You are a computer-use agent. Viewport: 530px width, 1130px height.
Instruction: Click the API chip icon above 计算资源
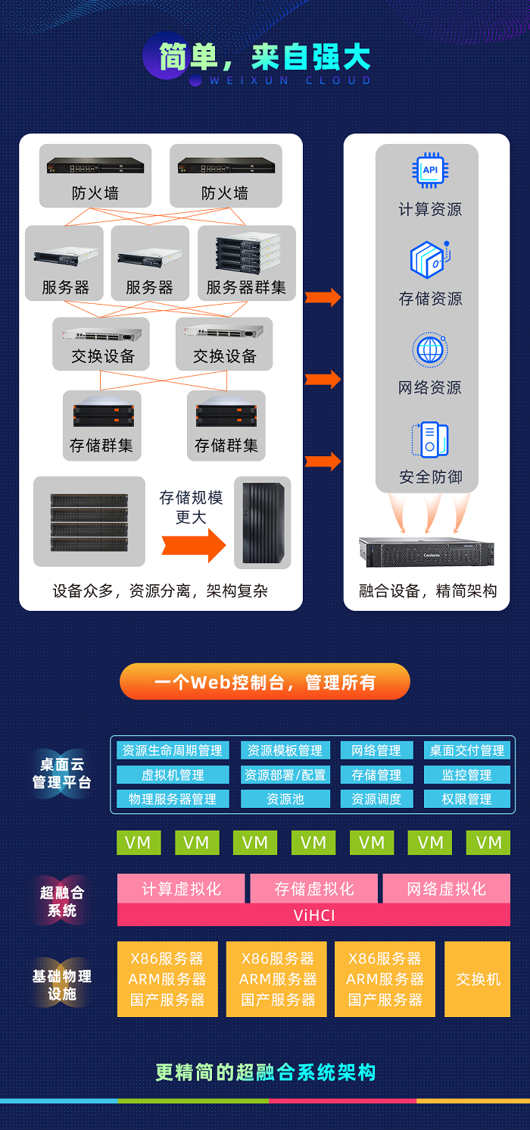tap(430, 171)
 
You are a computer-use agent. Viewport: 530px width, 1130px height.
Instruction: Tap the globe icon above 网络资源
tap(430, 350)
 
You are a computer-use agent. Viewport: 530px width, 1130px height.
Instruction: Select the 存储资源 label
tap(430, 299)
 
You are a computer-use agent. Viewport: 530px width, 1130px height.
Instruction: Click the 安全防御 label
tap(430, 477)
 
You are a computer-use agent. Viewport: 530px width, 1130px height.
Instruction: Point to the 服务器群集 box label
tap(246, 288)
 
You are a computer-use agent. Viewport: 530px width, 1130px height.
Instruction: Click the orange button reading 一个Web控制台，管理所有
tap(265, 682)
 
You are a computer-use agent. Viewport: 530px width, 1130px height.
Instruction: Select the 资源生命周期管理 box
tap(173, 750)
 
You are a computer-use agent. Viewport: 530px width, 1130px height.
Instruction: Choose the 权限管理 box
tap(466, 799)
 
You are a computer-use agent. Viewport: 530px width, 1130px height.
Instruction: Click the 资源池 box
tap(285, 799)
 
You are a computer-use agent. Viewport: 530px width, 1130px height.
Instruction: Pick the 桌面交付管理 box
tap(466, 750)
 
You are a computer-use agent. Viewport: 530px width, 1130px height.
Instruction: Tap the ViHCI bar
tap(313, 915)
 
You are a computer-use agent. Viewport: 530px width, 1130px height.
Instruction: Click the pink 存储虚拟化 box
tap(313, 888)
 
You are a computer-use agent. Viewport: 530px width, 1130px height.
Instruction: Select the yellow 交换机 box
tap(477, 979)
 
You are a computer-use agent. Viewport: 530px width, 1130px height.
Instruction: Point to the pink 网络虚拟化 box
tap(446, 888)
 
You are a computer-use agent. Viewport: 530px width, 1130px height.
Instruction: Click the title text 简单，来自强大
tap(265, 58)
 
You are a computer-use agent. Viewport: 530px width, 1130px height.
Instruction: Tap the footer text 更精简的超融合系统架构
tap(265, 1072)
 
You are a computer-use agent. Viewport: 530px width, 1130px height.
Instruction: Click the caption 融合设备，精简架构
tap(427, 591)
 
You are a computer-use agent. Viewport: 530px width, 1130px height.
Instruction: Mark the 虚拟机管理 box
tap(173, 775)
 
